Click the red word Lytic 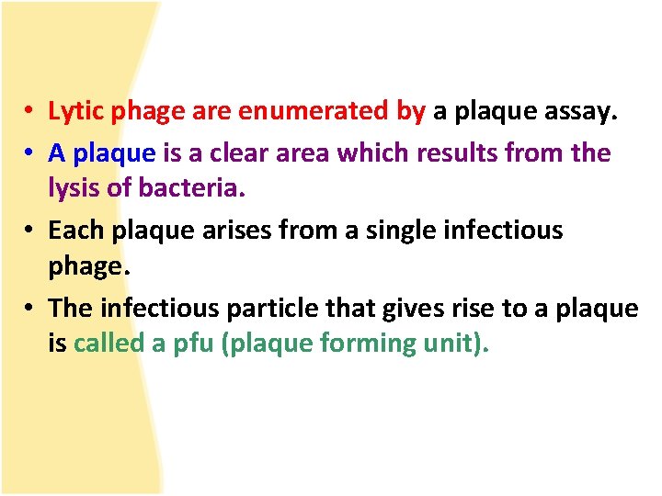[x=76, y=112]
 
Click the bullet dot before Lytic [x=30, y=113]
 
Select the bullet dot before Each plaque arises [x=30, y=231]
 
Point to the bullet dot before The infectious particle [x=30, y=309]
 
